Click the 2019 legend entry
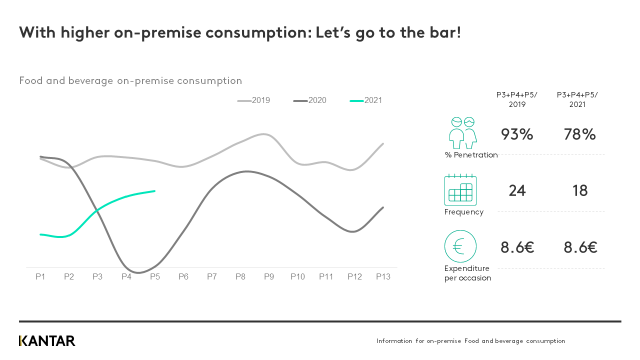click(254, 100)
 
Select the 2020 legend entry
click(311, 100)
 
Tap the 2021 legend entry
click(367, 100)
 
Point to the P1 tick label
click(40, 276)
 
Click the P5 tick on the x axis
click(155, 276)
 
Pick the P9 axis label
click(269, 276)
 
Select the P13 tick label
click(383, 276)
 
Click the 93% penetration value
click(517, 134)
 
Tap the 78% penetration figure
click(579, 134)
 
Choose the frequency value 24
click(517, 191)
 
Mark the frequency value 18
click(580, 191)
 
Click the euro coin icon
click(460, 246)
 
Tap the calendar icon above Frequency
click(460, 190)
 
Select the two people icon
click(462, 133)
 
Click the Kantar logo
click(47, 341)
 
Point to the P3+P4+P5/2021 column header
click(577, 100)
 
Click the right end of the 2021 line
click(154, 191)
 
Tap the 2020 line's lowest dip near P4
click(138, 272)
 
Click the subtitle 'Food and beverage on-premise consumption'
click(130, 81)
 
